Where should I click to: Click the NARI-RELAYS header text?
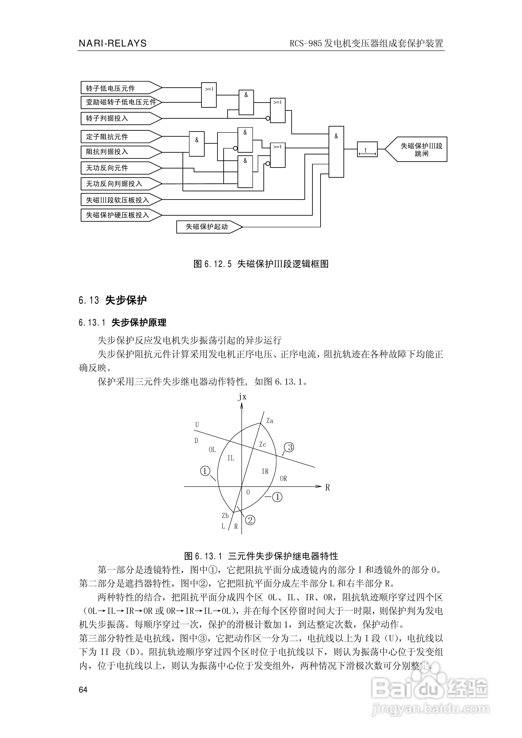pyautogui.click(x=113, y=43)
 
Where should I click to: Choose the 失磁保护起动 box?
pyautogui.click(x=207, y=227)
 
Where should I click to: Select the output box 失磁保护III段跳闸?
pyautogui.click(x=421, y=149)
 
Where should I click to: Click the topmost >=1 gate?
pyautogui.click(x=209, y=95)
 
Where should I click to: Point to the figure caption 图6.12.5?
pyautogui.click(x=261, y=264)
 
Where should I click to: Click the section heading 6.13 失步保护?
pyautogui.click(x=113, y=300)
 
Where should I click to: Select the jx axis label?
pyautogui.click(x=242, y=397)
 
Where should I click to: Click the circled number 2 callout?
pyautogui.click(x=250, y=520)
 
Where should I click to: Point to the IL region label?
pyautogui.click(x=231, y=458)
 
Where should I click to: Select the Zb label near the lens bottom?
pyautogui.click(x=225, y=516)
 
